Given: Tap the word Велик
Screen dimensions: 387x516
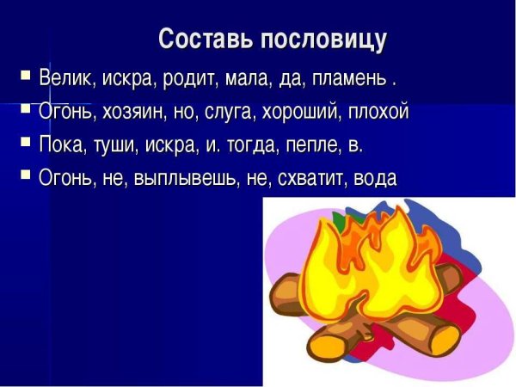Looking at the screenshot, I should [65, 80].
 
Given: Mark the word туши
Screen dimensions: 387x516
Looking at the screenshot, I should [115, 145].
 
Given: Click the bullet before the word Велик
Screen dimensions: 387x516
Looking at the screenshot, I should [26, 77].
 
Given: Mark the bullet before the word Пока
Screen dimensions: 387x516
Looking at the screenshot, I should [26, 143].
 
